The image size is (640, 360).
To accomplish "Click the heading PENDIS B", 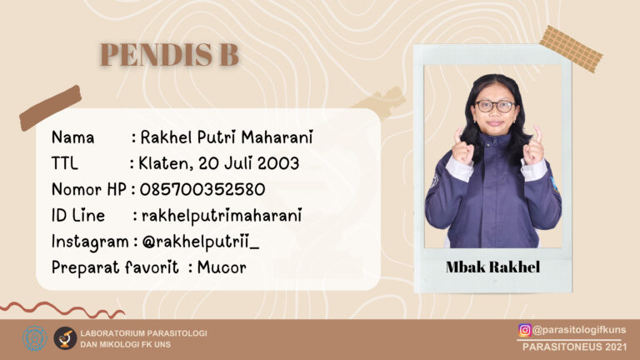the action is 169,54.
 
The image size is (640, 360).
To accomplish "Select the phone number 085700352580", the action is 202,189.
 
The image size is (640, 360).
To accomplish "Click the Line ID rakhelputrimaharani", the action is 222,216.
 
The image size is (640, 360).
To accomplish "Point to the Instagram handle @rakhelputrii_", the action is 200,242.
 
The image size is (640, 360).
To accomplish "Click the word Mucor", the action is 222,267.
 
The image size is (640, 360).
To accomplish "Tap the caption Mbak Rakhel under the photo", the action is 492,267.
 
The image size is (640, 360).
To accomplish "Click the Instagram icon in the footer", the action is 525,330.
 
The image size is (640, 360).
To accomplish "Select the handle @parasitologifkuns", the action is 579,330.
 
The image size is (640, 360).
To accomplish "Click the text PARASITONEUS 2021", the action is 574,347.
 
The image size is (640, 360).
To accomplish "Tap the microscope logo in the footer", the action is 65,338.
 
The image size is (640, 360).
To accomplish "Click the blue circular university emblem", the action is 35,338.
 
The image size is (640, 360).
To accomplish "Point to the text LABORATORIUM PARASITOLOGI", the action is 143,333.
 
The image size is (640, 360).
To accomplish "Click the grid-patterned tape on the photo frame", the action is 571,49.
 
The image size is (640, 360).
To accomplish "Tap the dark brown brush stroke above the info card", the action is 50,107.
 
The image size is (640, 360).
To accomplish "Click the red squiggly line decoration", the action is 62,309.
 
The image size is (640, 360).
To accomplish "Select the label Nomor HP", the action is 89,189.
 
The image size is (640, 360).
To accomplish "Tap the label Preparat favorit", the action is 115,267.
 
